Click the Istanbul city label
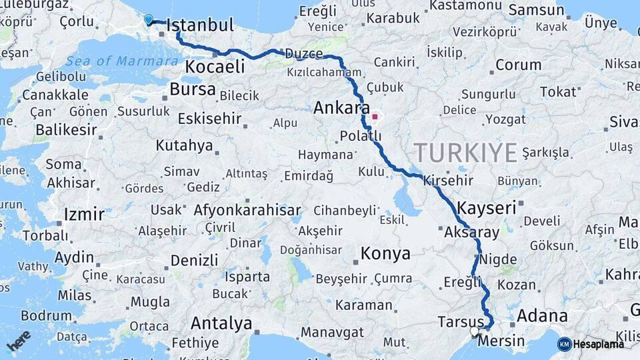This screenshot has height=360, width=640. pos(200,26)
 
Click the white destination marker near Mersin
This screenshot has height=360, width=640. pos(474,331)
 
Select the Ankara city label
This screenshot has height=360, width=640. pos(341,107)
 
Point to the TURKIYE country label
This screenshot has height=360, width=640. pos(465,153)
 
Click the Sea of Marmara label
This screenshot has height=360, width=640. pos(122,61)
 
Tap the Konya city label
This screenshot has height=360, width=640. pos(385,253)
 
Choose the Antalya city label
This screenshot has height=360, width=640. pos(221,324)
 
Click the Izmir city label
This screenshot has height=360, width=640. pos(84,215)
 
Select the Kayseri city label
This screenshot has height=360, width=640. pos(487,207)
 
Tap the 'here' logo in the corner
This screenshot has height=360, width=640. pos(19,341)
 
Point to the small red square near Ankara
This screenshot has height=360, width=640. pos(375,117)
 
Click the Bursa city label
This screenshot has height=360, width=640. pos(193,89)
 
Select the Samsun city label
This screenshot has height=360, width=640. pos(536,10)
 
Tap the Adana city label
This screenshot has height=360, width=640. pos(542,315)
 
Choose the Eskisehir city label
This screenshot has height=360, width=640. pos(209,119)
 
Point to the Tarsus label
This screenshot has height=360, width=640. pos(460,322)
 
